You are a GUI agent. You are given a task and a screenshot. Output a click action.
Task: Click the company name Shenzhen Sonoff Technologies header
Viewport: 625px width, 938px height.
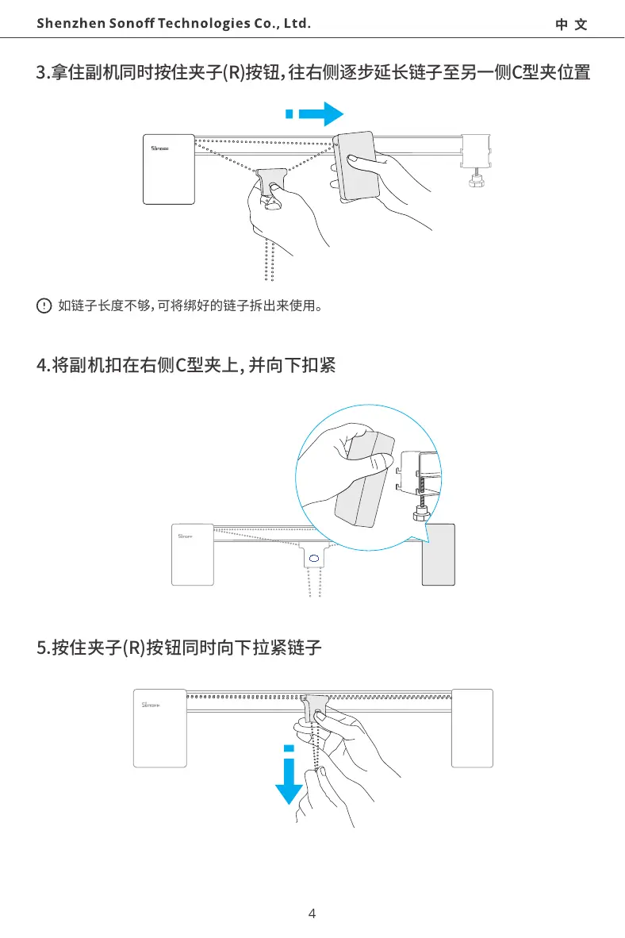(x=173, y=23)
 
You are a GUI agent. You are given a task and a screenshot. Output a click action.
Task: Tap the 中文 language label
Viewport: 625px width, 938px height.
(x=571, y=25)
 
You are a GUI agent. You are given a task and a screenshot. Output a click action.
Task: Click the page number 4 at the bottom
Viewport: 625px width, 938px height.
(x=312, y=913)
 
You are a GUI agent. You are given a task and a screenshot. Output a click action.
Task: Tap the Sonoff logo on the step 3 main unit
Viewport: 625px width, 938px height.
(x=161, y=147)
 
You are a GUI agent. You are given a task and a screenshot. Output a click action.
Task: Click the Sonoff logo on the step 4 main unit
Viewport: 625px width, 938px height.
(x=187, y=536)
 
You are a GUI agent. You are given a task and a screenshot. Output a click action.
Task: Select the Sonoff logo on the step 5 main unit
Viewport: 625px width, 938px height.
(x=151, y=705)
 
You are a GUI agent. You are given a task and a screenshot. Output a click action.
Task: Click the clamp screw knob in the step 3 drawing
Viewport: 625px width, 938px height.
(x=477, y=182)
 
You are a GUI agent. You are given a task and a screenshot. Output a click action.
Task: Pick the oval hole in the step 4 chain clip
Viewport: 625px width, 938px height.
(x=314, y=559)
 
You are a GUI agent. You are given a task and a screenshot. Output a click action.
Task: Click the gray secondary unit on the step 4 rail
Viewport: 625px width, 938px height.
(x=438, y=555)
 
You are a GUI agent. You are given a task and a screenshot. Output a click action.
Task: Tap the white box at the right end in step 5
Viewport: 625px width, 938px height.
(x=472, y=728)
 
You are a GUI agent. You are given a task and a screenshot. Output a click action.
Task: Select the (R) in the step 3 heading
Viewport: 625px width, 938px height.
(x=232, y=74)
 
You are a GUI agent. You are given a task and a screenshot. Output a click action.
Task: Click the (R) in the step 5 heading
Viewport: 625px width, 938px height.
(x=130, y=649)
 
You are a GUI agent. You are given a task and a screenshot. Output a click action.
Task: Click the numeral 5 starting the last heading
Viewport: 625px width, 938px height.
(x=41, y=649)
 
